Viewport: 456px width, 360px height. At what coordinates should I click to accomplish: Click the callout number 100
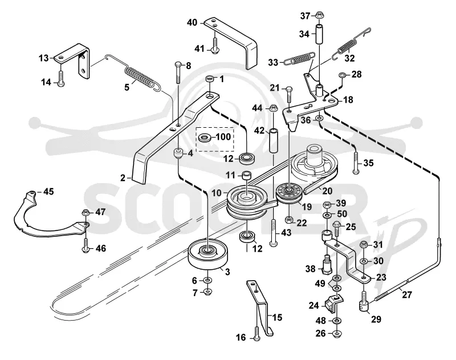223,136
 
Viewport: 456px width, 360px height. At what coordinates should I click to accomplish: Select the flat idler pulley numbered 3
208,255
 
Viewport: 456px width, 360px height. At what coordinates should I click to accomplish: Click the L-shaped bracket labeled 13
74,59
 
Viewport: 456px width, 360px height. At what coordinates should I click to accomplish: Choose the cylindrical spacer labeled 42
274,140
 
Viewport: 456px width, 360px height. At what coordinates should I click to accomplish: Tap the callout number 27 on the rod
407,294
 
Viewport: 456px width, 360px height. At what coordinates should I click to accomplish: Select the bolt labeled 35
355,162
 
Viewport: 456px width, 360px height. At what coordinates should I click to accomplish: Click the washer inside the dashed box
205,137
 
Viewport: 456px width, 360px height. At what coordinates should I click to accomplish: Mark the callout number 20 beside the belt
327,191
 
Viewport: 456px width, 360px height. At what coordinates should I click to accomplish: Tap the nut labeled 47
85,213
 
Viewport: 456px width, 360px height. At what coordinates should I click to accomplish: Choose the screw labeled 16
256,334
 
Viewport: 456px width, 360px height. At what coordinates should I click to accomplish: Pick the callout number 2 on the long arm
123,177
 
